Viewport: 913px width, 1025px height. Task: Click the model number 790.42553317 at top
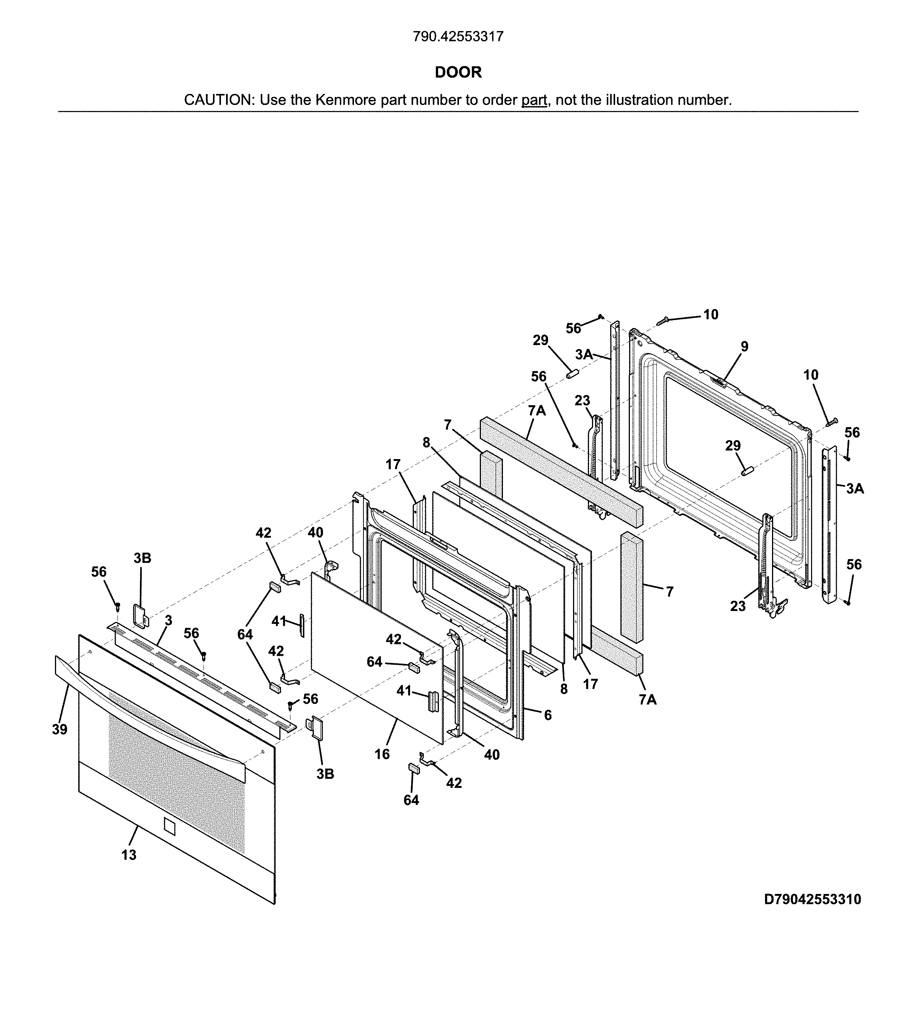click(x=458, y=37)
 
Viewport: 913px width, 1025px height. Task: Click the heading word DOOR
click(x=458, y=72)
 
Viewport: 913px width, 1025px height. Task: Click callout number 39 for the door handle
click(x=60, y=729)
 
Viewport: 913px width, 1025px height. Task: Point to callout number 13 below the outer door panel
click(x=129, y=855)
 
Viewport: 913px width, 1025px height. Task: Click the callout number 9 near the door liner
click(x=744, y=347)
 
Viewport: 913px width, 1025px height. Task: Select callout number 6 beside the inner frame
click(x=548, y=715)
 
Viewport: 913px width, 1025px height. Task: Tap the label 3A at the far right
click(x=855, y=488)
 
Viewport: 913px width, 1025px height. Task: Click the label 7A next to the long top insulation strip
click(x=537, y=411)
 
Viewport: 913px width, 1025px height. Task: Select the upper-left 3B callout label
click(x=143, y=558)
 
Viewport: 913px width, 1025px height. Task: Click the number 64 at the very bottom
click(x=411, y=800)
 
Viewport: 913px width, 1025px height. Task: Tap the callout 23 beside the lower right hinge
click(x=738, y=606)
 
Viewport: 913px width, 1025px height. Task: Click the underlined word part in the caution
click(x=534, y=100)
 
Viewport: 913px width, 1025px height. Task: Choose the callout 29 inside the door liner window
click(x=733, y=445)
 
